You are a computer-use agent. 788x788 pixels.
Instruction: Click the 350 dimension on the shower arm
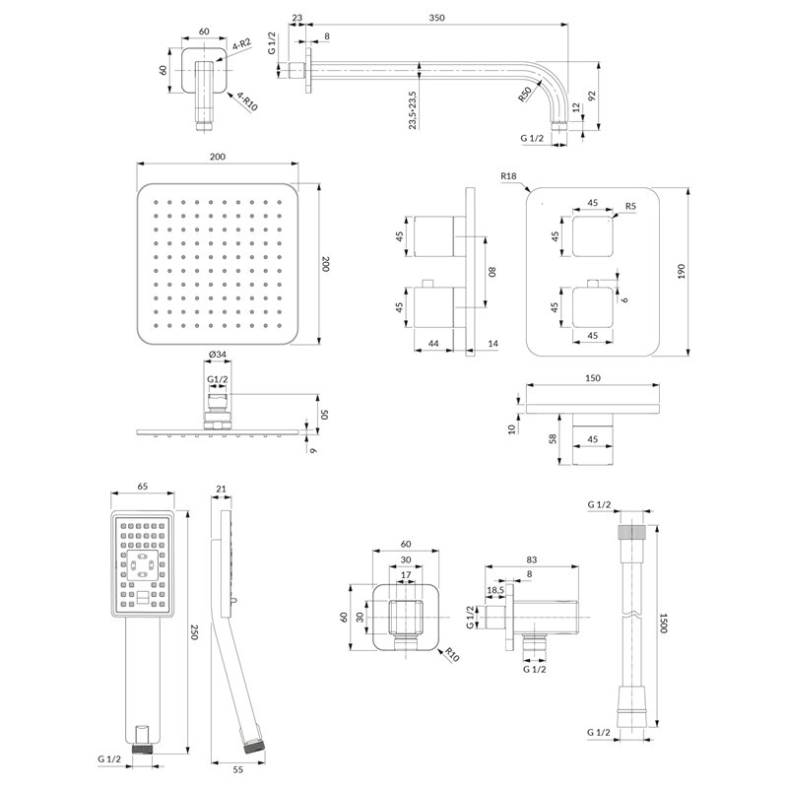[436, 18]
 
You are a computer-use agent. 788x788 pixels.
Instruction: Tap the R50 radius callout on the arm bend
[525, 94]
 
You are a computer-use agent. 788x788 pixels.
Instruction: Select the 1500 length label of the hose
[663, 623]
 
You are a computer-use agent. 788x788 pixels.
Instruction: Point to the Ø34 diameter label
[217, 355]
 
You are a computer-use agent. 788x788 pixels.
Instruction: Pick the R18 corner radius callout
[508, 176]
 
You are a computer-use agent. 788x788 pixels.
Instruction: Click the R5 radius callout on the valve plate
[630, 206]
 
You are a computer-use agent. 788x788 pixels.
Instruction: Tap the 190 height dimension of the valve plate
[682, 272]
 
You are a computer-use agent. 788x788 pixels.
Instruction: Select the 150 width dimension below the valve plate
[593, 378]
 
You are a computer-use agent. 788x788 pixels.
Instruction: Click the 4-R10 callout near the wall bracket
[247, 101]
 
